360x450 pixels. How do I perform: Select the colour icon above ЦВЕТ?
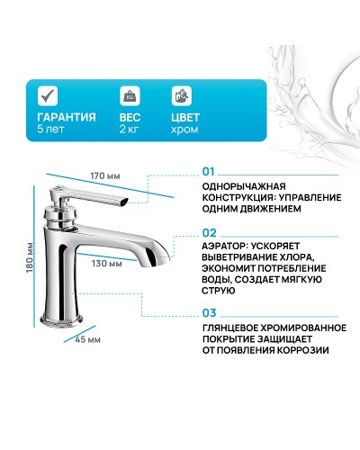click(181, 95)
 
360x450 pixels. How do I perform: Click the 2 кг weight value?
click(130, 130)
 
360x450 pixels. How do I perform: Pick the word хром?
click(184, 130)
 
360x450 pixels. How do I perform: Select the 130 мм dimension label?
click(105, 264)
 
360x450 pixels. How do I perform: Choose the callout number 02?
click(209, 230)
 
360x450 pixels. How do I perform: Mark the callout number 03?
click(209, 313)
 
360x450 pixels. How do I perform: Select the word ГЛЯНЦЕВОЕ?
click(232, 328)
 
